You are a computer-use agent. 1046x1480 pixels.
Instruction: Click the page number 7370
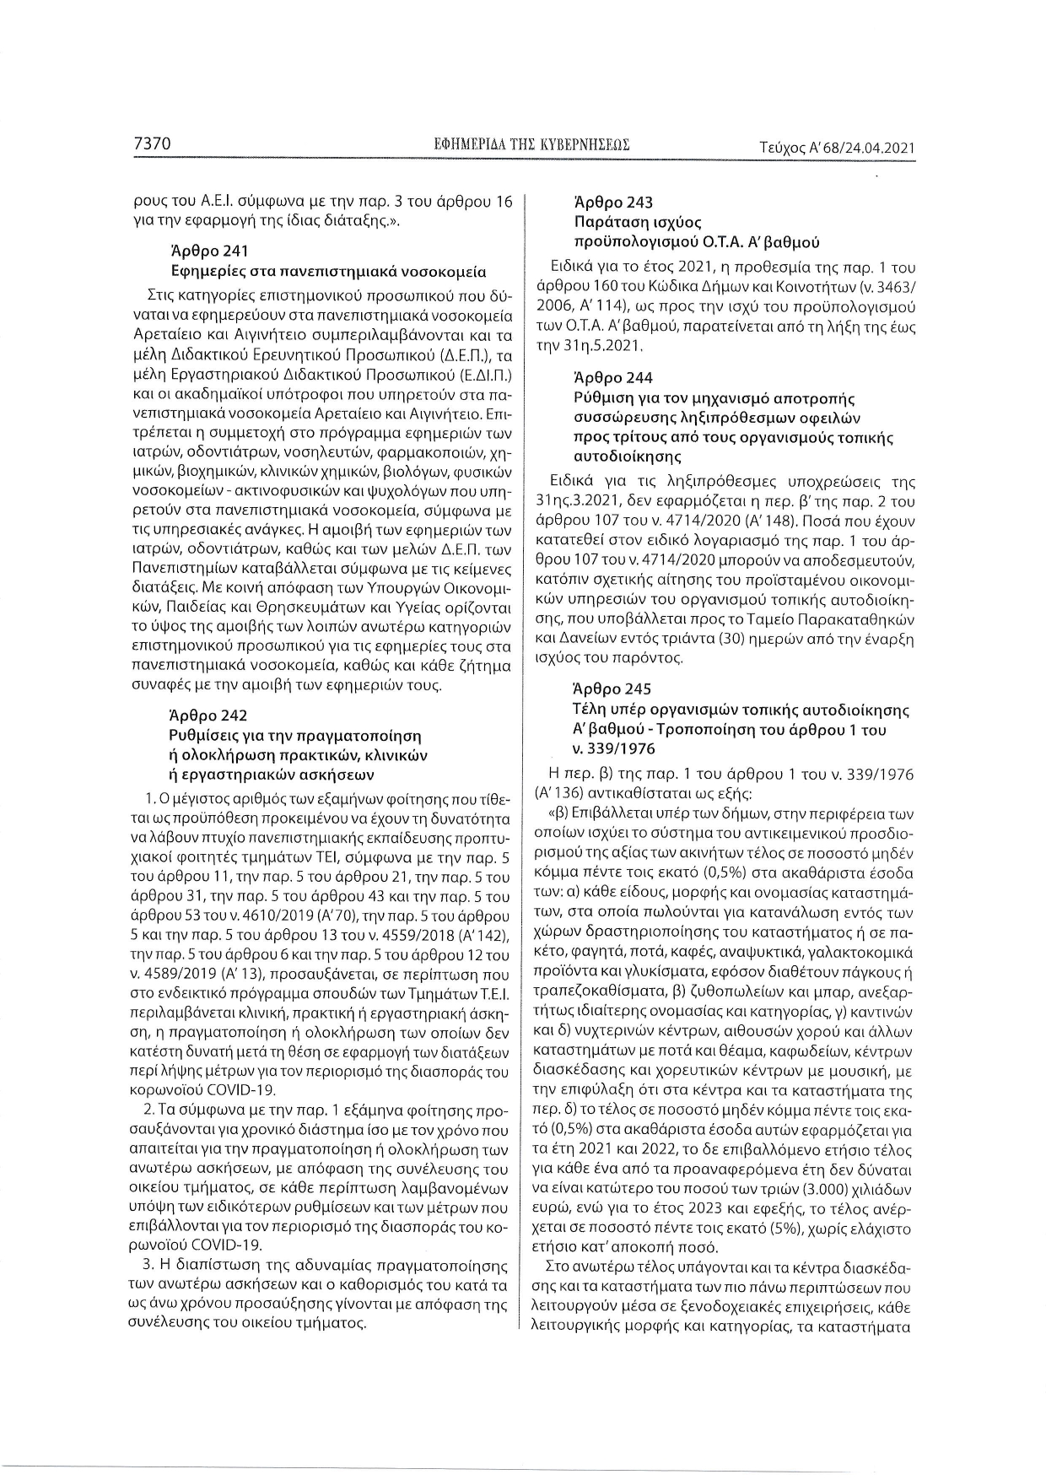[x=153, y=145]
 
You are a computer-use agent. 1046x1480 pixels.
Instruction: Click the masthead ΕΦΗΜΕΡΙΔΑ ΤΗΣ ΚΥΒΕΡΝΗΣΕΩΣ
[x=531, y=146]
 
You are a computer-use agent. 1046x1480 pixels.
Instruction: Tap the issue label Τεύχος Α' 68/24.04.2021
[x=838, y=148]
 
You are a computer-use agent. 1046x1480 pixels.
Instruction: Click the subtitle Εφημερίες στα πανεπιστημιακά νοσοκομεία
[x=328, y=272]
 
